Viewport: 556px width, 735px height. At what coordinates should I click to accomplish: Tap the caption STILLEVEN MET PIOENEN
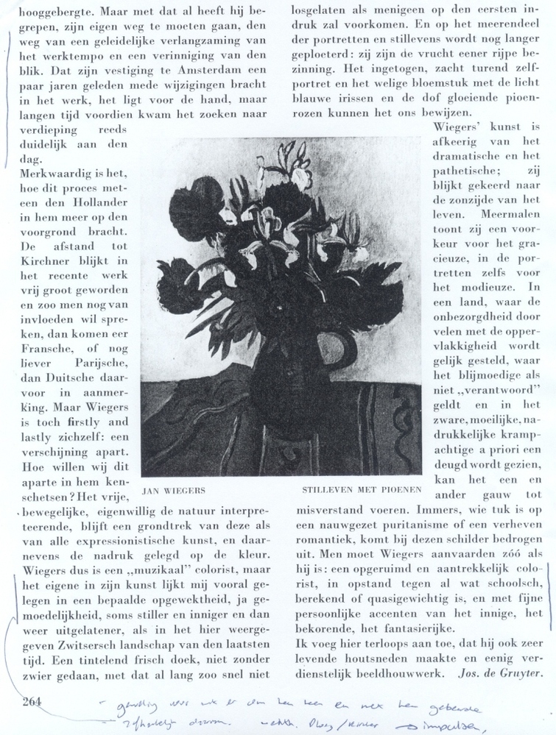(x=362, y=489)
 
